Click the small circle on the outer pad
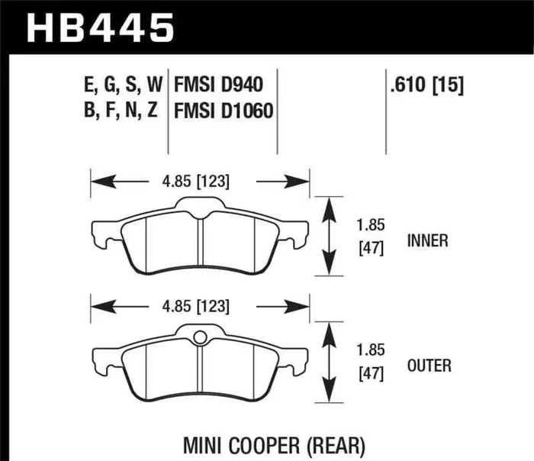[x=200, y=337]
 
